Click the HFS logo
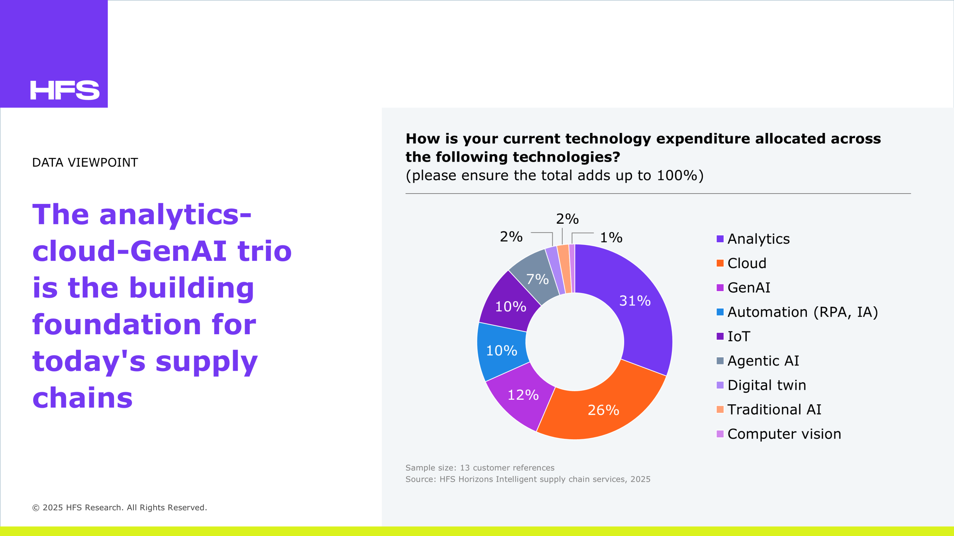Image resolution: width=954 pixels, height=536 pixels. (x=65, y=90)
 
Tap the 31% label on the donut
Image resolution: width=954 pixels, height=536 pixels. (x=635, y=301)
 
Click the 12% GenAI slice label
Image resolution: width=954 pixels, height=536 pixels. (x=523, y=395)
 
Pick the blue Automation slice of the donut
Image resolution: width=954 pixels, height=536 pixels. (x=501, y=351)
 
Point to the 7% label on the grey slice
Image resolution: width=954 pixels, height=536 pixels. (x=537, y=279)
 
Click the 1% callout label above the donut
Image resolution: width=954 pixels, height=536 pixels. (x=611, y=237)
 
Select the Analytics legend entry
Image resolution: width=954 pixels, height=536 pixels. (x=753, y=239)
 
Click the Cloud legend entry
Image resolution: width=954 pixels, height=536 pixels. (x=741, y=263)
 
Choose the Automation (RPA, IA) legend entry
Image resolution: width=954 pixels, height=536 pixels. (x=797, y=312)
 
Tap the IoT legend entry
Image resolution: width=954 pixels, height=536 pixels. (x=733, y=336)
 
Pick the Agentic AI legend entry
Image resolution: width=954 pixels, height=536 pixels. (x=758, y=361)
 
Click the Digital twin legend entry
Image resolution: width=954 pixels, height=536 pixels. (x=761, y=385)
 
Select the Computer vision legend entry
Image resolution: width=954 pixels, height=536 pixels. (x=779, y=434)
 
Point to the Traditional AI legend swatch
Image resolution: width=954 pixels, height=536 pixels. (x=720, y=409)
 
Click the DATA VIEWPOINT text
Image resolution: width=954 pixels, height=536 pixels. (x=85, y=163)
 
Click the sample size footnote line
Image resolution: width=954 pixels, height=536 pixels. (x=480, y=468)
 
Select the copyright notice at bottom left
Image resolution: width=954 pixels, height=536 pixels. (x=120, y=507)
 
